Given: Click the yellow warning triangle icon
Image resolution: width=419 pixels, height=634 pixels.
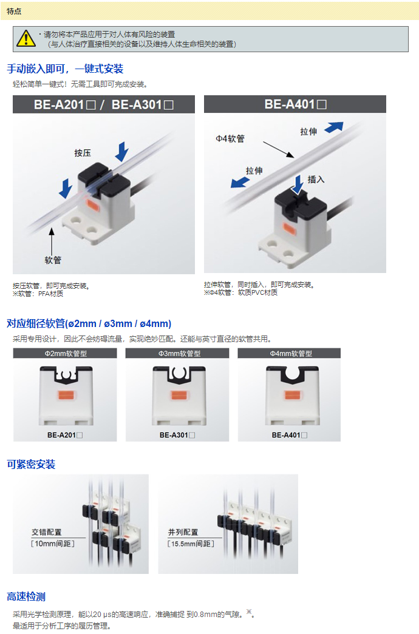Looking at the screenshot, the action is click(26, 38).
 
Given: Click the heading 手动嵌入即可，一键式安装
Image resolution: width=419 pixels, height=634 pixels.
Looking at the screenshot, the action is click(65, 69).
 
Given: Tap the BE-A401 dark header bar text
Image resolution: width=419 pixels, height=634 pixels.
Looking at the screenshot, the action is click(295, 104).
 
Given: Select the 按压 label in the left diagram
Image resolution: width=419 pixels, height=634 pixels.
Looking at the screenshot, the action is click(83, 153).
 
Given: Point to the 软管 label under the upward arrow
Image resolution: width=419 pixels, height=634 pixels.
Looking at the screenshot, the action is click(53, 260).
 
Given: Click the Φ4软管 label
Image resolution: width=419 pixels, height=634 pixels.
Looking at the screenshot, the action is click(230, 139).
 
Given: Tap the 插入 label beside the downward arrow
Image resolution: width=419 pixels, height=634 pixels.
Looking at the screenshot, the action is click(316, 179).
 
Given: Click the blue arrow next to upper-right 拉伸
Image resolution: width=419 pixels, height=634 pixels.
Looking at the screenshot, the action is click(334, 127).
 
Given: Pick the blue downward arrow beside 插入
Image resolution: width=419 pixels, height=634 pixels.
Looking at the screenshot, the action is click(298, 184).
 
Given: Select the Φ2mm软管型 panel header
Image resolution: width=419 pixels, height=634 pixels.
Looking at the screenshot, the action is click(66, 353).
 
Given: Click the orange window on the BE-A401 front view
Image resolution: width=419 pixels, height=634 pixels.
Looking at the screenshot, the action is click(291, 394).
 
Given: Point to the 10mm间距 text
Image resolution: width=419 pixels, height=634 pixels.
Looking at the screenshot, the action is click(53, 544).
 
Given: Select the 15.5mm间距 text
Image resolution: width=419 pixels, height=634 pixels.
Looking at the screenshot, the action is click(191, 544).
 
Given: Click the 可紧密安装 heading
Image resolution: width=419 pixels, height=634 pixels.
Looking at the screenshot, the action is click(31, 464).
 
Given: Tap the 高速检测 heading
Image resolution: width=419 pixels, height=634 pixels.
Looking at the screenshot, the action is click(26, 596).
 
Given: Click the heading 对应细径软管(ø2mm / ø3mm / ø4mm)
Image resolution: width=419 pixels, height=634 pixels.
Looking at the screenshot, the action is click(89, 323).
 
